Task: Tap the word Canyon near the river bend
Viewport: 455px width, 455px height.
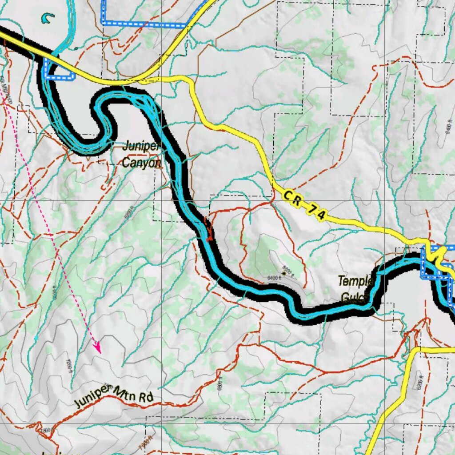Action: click(141, 163)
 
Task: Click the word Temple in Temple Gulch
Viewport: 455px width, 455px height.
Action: click(355, 281)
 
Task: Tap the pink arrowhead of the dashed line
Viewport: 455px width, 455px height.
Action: click(97, 347)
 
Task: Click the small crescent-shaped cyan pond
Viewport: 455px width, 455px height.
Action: click(47, 18)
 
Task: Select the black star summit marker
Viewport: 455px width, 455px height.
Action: click(283, 275)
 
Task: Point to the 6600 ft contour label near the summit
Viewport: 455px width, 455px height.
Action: click(288, 270)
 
